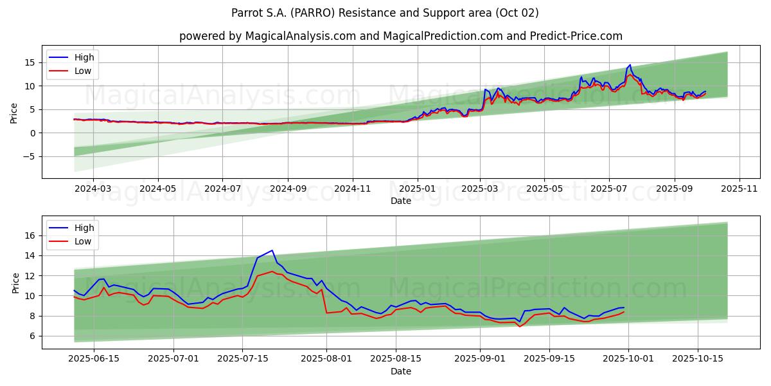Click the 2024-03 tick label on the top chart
tap(93, 188)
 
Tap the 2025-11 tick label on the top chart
tap(740, 188)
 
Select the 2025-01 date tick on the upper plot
tap(418, 188)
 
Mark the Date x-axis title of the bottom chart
tap(400, 371)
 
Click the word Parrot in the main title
tap(246, 13)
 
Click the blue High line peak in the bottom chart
tap(272, 250)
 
